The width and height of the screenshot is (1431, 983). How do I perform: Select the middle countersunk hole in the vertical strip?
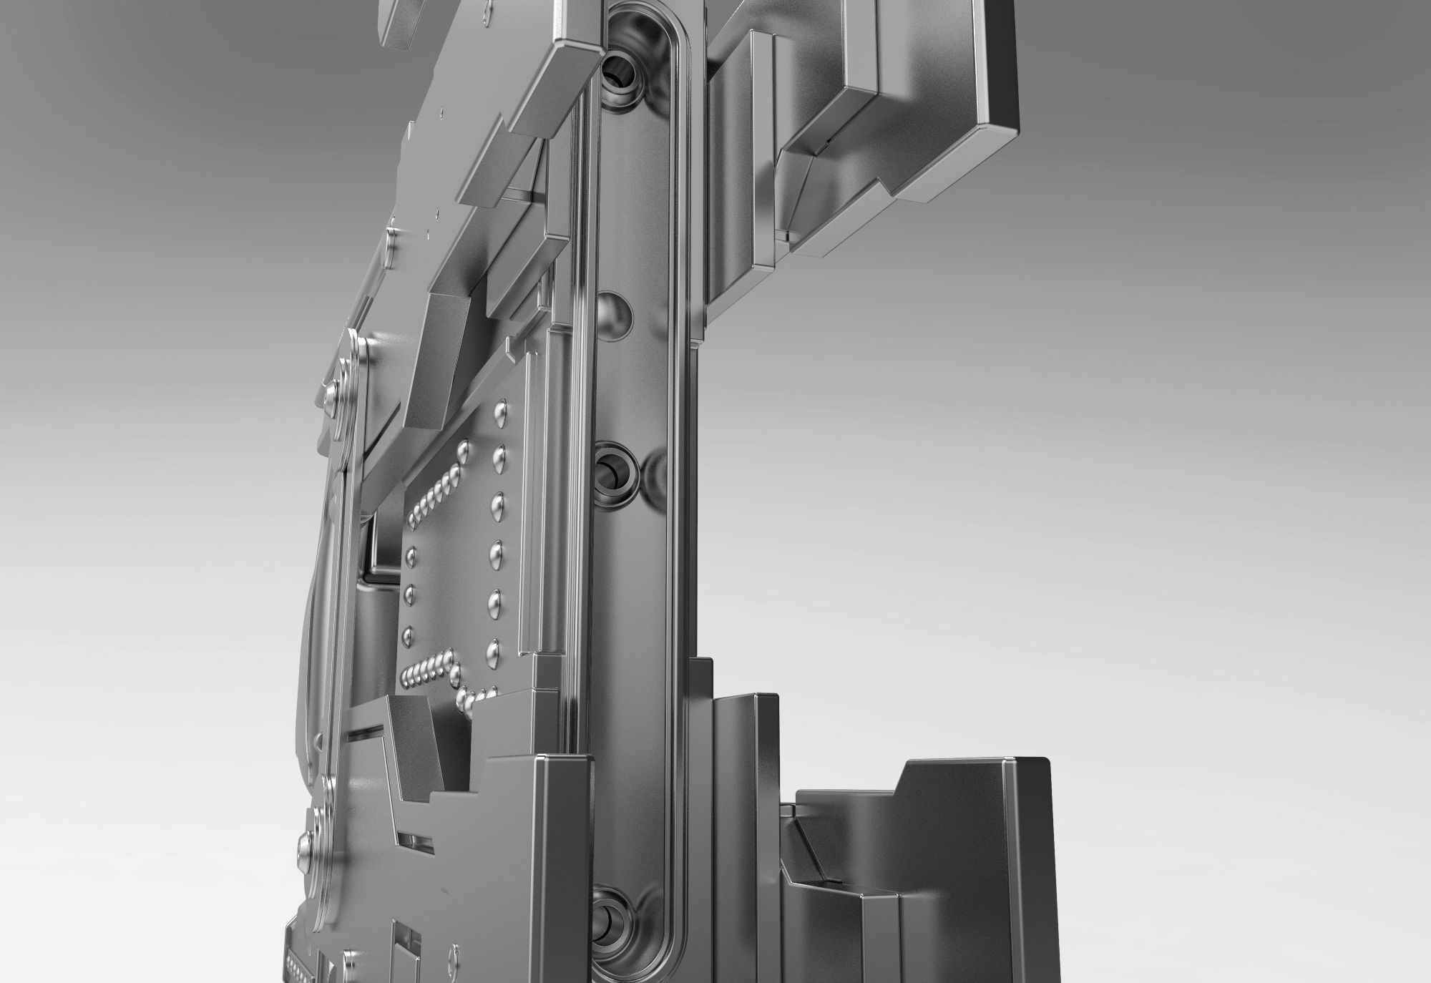point(613,469)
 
